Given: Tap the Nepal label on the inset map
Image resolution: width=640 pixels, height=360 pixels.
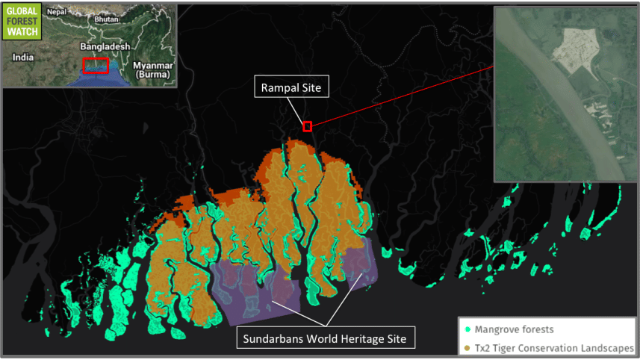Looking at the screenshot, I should (56, 12).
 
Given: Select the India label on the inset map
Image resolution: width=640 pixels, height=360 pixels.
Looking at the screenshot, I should (23, 57).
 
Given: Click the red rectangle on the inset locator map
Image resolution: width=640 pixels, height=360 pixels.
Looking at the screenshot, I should (96, 66).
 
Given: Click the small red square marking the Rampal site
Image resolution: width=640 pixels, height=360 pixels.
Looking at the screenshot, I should (307, 126).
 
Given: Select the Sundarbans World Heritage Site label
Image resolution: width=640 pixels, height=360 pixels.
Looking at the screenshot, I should (325, 339).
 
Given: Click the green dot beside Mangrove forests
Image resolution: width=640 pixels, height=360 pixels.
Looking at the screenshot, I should (467, 329).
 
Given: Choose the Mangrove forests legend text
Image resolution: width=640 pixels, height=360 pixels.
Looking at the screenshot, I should (515, 329).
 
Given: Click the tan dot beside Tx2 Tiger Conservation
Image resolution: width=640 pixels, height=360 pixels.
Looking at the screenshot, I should (467, 347).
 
